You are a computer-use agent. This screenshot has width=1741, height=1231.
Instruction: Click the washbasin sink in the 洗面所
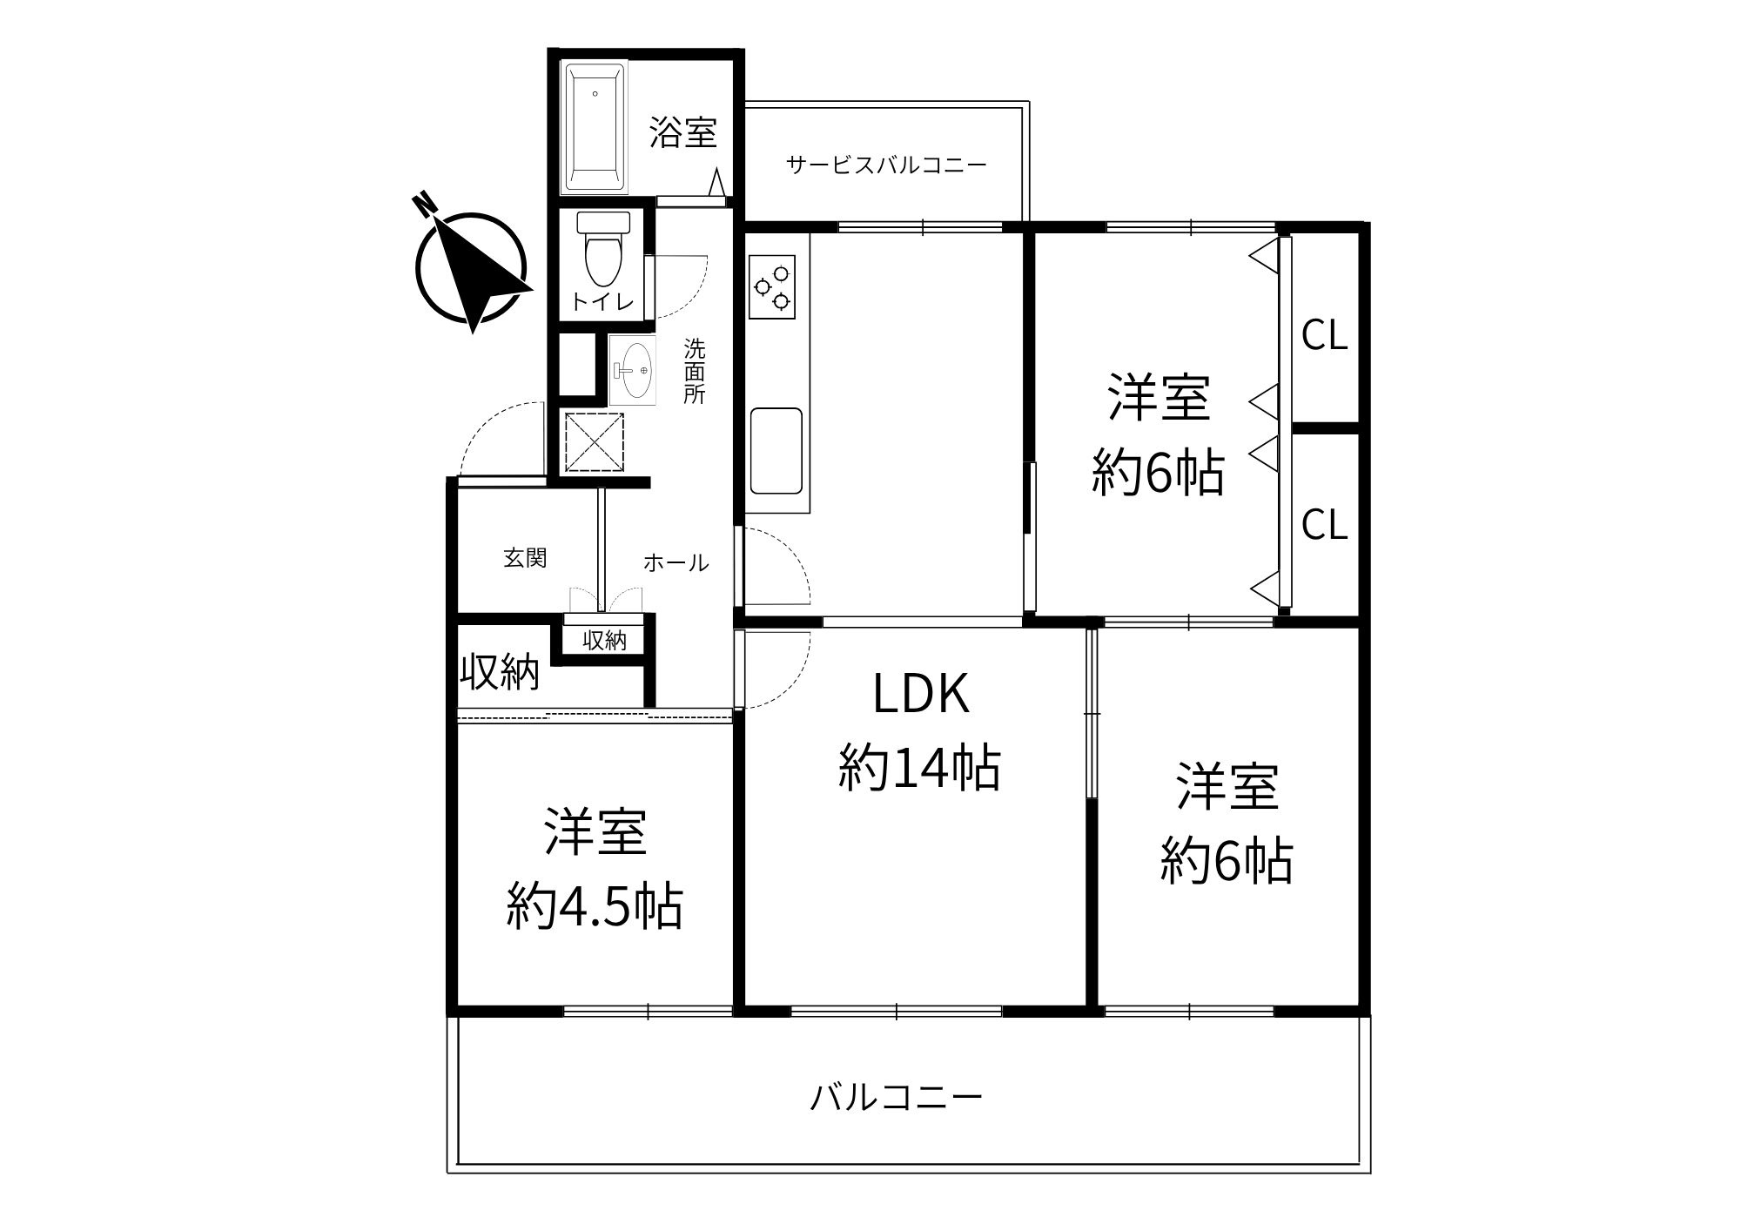633,370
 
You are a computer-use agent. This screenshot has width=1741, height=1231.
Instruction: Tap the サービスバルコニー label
886,165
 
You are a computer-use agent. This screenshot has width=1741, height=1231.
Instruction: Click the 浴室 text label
683,132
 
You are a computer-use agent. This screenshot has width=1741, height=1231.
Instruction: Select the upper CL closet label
1324,336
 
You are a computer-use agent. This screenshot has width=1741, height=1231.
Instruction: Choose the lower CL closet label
1324,524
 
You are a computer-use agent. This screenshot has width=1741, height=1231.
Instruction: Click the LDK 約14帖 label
920,731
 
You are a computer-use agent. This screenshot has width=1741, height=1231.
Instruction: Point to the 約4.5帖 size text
595,907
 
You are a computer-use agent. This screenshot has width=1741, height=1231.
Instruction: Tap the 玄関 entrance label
525,558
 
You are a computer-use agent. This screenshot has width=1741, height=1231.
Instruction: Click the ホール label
676,563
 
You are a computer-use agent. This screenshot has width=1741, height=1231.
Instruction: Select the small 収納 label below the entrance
604,641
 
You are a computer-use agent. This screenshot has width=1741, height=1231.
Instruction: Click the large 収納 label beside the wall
500,672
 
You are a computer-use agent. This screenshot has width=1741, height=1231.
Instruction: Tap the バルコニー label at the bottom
896,1098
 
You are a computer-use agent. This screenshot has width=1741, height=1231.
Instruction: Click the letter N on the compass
425,203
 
